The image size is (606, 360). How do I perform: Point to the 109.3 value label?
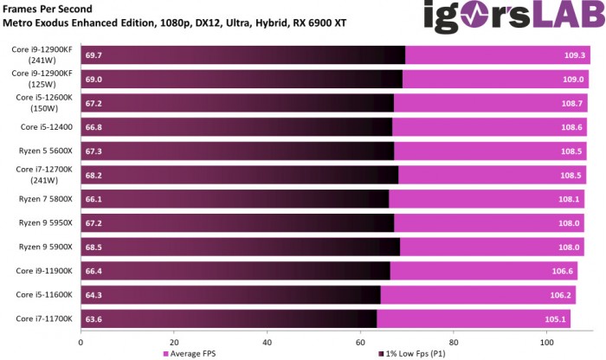(575, 55)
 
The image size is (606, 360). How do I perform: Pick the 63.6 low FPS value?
(94, 319)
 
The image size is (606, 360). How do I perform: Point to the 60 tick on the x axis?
(360, 341)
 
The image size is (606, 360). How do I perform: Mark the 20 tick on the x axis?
(174, 341)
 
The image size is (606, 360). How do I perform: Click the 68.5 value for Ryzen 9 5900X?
(94, 247)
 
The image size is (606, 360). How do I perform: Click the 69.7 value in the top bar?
(94, 55)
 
